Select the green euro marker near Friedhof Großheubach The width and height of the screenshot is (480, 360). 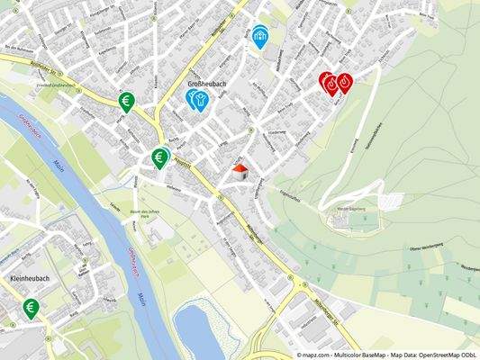pos(127,102)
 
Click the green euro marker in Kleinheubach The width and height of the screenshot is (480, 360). pos(31,309)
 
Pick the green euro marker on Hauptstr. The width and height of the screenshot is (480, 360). pos(159,158)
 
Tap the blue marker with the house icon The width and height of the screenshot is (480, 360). pos(261,36)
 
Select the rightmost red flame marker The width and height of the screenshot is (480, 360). pos(343,84)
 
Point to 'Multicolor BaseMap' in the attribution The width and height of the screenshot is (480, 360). pos(358,355)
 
